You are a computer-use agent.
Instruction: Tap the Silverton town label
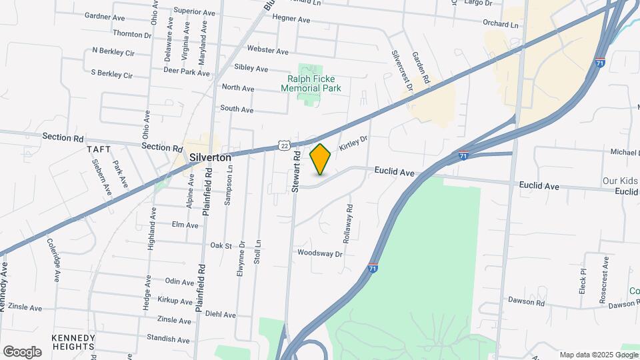click(210, 157)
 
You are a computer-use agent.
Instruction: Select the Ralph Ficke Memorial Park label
click(311, 83)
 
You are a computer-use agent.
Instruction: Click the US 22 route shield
click(285, 145)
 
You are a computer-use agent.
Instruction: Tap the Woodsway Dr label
click(319, 253)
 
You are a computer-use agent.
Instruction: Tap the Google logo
click(22, 351)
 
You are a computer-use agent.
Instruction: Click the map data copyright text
click(597, 355)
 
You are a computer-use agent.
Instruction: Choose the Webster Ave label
click(267, 51)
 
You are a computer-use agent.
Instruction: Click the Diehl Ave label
click(220, 315)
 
